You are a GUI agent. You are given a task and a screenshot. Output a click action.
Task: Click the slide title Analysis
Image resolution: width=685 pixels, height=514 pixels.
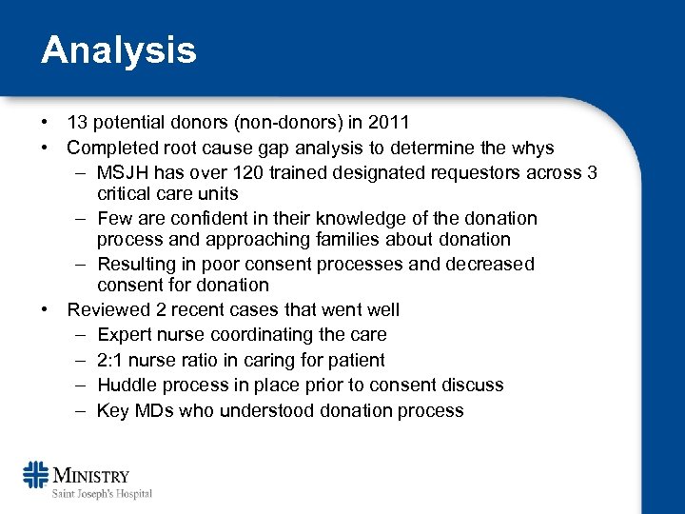pos(118,50)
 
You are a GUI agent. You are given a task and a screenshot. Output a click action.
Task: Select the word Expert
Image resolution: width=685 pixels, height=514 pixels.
pos(124,335)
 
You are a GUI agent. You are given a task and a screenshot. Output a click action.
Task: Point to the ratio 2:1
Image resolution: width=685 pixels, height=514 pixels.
pos(113,361)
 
